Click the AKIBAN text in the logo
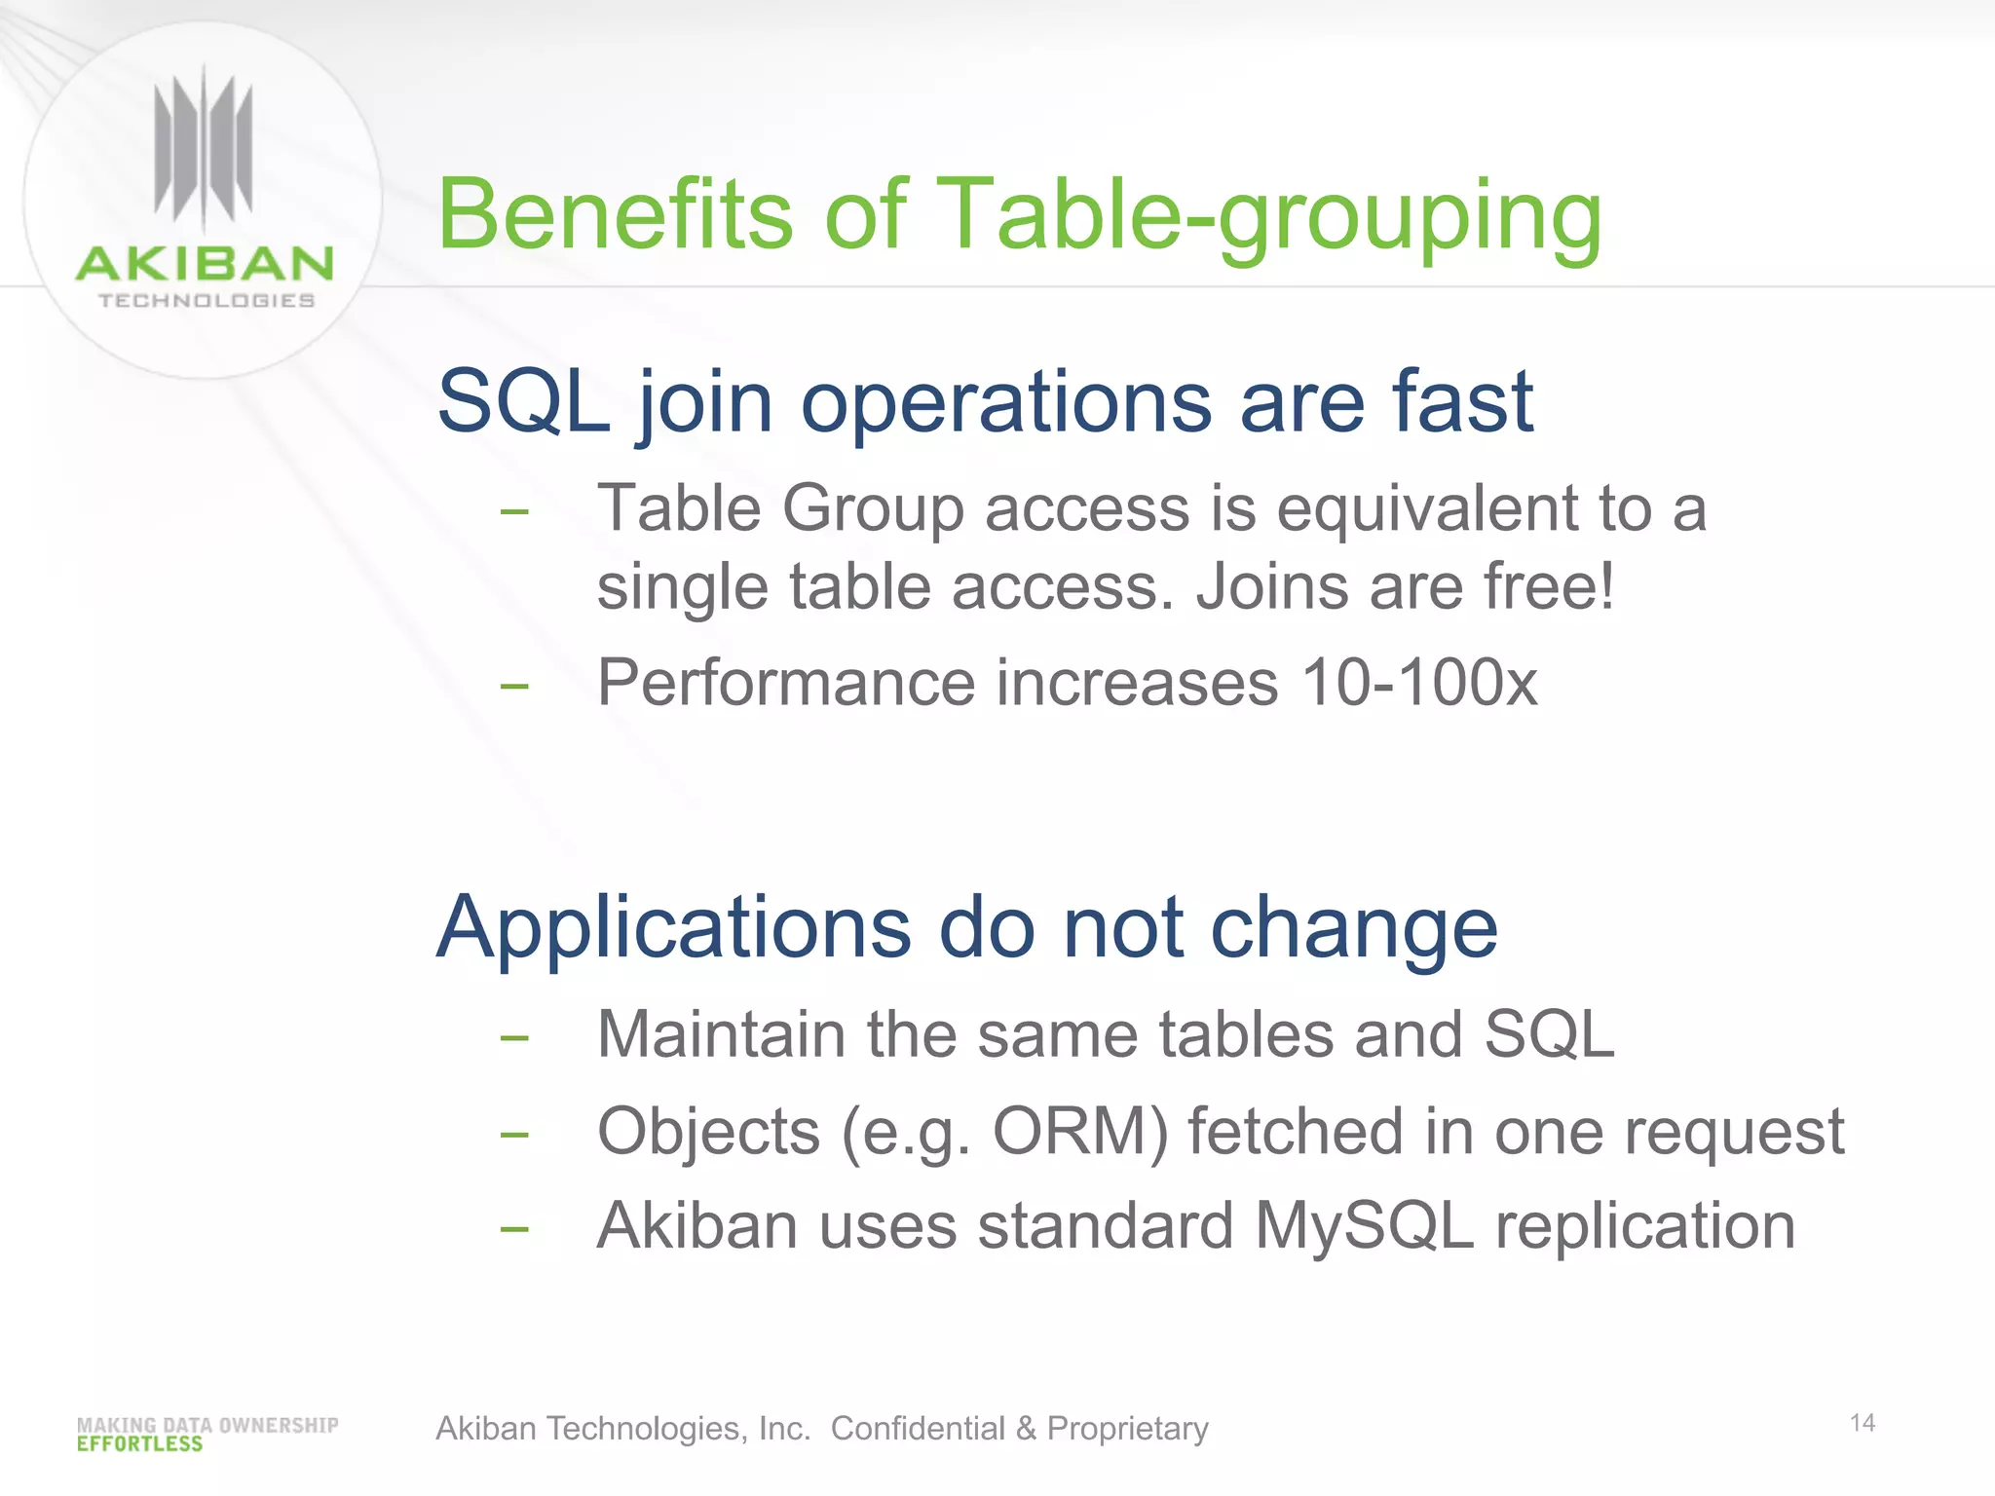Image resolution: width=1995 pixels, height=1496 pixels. click(x=205, y=264)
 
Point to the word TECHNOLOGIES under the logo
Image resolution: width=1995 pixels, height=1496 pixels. click(x=207, y=301)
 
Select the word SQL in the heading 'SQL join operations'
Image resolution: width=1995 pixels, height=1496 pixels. click(x=523, y=401)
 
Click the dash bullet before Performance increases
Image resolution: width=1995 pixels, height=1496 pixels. click(x=513, y=687)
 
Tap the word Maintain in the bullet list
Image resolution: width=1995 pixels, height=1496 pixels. click(x=721, y=1033)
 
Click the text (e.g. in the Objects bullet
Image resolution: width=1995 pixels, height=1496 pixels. click(x=905, y=1133)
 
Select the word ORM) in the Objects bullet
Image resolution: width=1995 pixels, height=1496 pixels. click(x=1079, y=1133)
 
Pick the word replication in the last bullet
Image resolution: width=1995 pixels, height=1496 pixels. click(x=1645, y=1226)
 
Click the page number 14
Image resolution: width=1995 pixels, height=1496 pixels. click(x=1862, y=1423)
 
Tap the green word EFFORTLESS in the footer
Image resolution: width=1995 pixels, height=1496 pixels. click(x=139, y=1444)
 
